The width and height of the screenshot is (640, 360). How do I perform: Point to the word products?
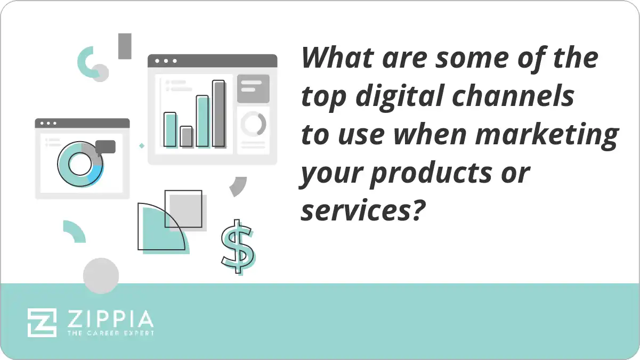[431, 174]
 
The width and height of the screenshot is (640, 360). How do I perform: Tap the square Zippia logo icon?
[42, 322]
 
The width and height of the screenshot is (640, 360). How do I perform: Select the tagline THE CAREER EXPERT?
[110, 333]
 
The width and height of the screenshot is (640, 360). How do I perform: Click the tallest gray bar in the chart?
[218, 113]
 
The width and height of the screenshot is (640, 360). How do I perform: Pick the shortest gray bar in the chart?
[186, 136]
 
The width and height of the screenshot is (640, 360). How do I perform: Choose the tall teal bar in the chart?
[202, 121]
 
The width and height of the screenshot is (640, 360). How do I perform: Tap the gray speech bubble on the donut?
[106, 147]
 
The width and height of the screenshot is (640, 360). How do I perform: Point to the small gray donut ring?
[253, 124]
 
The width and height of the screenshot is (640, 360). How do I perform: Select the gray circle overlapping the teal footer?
[101, 276]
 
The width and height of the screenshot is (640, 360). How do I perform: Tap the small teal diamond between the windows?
[142, 145]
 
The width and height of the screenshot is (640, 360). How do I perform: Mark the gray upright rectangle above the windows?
[125, 46]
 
